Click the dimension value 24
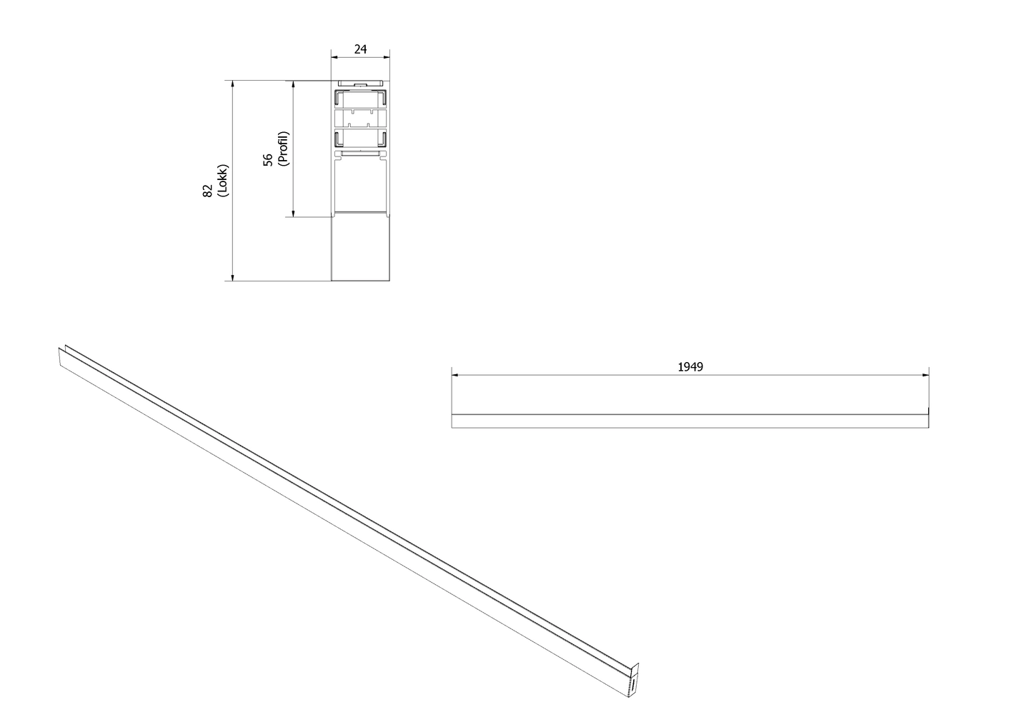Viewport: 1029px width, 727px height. click(x=361, y=49)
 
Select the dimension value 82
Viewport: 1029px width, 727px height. click(x=208, y=191)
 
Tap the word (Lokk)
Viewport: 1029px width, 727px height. click(x=223, y=181)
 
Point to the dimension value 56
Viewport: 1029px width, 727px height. click(x=268, y=159)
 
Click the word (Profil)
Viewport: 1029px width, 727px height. click(x=284, y=149)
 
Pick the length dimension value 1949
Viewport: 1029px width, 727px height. click(x=690, y=366)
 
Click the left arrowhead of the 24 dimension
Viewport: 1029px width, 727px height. click(x=335, y=57)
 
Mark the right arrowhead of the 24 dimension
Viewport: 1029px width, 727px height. click(x=387, y=57)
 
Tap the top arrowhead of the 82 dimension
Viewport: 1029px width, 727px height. click(x=232, y=84)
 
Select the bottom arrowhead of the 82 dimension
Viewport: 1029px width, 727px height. click(x=232, y=277)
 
